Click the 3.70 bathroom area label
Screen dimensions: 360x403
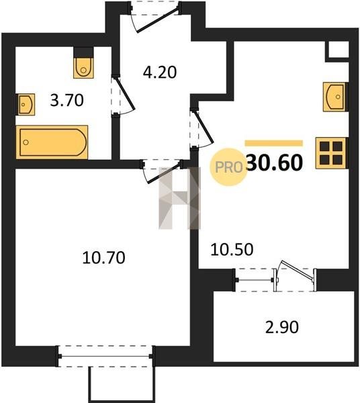coord(66,100)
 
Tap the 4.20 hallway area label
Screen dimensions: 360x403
coord(160,73)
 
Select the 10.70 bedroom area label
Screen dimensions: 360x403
coord(104,257)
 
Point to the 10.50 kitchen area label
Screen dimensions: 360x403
coord(232,249)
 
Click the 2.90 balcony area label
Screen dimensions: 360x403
coord(282,328)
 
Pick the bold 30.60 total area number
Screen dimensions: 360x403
coord(274,163)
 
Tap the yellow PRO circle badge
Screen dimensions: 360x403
coord(228,167)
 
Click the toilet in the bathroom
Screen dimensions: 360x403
coord(83,68)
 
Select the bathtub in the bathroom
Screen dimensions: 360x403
coord(52,142)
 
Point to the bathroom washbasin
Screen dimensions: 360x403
coord(26,104)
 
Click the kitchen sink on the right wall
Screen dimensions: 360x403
coord(335,97)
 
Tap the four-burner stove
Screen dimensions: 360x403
coord(331,153)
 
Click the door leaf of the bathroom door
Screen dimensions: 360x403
coord(125,93)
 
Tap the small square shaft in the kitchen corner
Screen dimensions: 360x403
coord(338,50)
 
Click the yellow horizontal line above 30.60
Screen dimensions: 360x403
coord(274,143)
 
